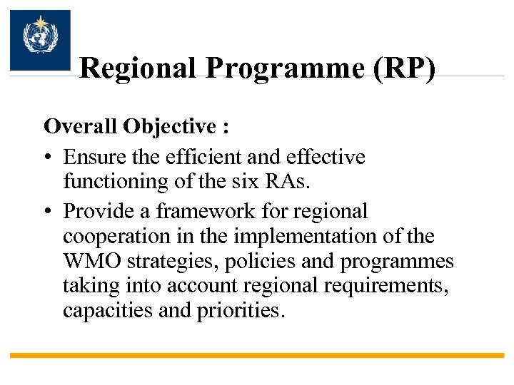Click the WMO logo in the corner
tap(40, 40)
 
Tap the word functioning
tap(114, 182)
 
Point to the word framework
tap(208, 212)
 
